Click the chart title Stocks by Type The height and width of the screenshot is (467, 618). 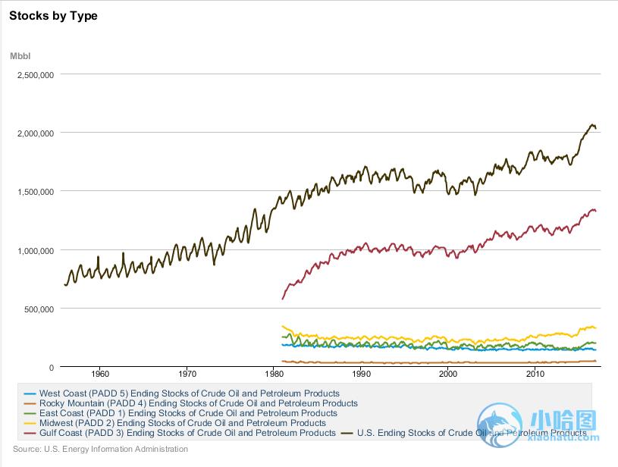pyautogui.click(x=53, y=16)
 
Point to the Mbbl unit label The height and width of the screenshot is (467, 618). pyautogui.click(x=20, y=56)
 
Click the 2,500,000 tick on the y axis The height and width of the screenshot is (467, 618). pyautogui.click(x=35, y=74)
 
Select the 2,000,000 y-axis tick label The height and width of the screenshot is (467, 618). pyautogui.click(x=35, y=133)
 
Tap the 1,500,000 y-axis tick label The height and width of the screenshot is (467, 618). pyautogui.click(x=35, y=192)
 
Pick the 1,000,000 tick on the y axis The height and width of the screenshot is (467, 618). pyautogui.click(x=35, y=250)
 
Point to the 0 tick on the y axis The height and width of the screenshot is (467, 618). pyautogui.click(x=51, y=368)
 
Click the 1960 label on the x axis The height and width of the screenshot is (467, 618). pyautogui.click(x=100, y=374)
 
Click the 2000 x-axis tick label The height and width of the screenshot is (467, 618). pyautogui.click(x=448, y=374)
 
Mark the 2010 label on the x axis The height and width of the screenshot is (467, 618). pyautogui.click(x=535, y=374)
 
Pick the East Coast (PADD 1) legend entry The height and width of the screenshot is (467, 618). pyautogui.click(x=183, y=413)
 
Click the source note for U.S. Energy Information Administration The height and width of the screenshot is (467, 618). pyautogui.click(x=100, y=449)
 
